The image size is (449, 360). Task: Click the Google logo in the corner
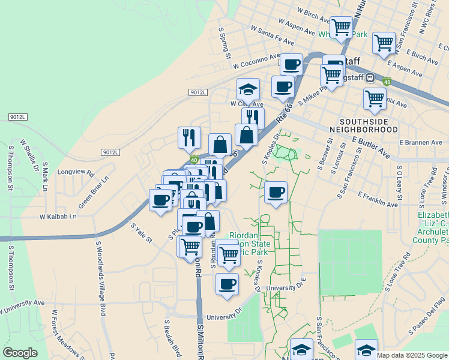tap(20, 353)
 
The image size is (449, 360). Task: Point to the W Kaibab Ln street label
tap(58, 216)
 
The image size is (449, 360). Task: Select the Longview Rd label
tap(76, 172)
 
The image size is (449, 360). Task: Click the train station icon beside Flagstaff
tap(371, 77)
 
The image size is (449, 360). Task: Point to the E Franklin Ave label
tap(378, 200)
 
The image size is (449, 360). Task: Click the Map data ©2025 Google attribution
tap(412, 355)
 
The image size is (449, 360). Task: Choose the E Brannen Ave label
tap(421, 143)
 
